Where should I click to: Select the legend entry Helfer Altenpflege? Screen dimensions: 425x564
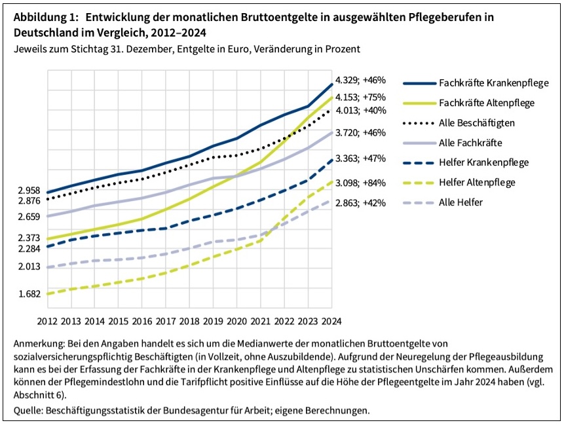(477, 183)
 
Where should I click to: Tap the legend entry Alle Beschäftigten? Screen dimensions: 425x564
(476, 123)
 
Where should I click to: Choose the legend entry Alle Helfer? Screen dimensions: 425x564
(461, 202)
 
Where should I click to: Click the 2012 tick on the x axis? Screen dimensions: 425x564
(47, 321)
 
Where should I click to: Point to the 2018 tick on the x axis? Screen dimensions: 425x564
(189, 321)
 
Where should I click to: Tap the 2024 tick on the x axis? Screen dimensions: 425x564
(331, 321)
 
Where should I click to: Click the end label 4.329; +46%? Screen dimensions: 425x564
(360, 81)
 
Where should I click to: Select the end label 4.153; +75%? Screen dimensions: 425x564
(360, 96)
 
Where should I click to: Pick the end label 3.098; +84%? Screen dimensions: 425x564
(360, 183)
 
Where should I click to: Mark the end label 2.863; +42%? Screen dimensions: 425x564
(360, 203)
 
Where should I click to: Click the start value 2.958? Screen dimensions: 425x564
(29, 191)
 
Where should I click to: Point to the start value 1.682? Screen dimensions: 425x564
(29, 294)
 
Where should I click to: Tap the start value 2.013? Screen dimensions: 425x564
(29, 267)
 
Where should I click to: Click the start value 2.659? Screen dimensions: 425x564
(29, 216)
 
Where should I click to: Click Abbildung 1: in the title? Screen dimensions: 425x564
(43, 18)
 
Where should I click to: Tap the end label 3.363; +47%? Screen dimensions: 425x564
(360, 158)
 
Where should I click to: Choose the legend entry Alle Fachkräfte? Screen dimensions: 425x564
(470, 143)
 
